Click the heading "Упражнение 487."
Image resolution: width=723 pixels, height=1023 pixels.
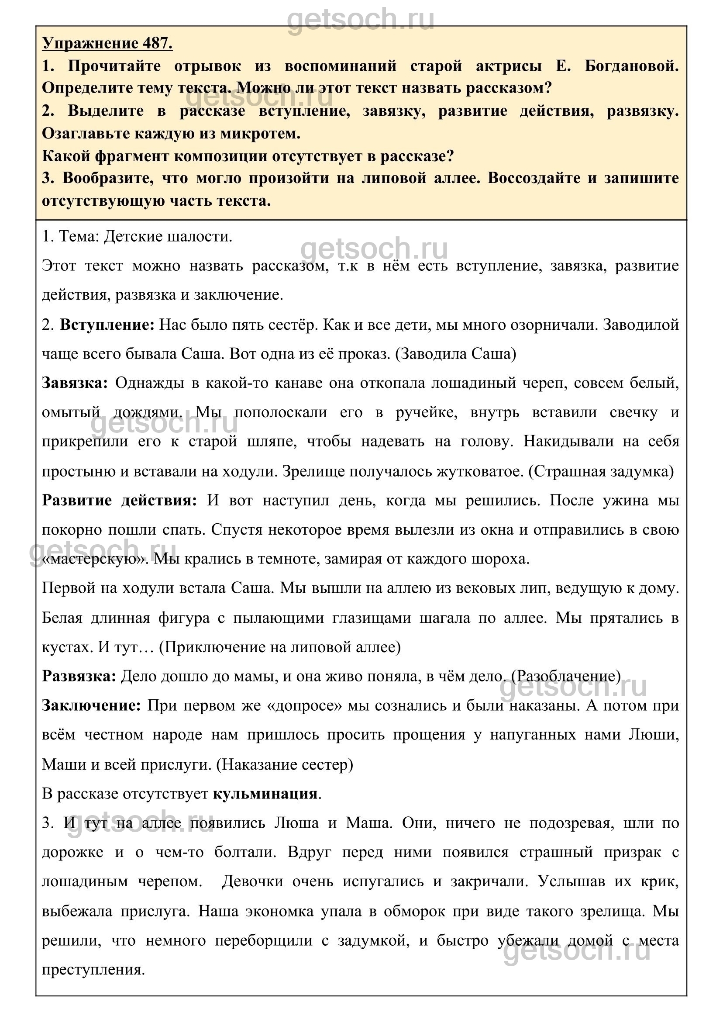pos(107,43)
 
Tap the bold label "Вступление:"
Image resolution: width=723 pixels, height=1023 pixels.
pos(107,325)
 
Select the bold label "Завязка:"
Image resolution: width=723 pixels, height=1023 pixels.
pos(75,383)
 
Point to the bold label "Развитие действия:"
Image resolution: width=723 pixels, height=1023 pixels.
pos(119,500)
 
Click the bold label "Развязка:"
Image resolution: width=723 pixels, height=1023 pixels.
pos(79,676)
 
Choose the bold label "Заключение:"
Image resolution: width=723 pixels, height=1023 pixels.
pos(91,705)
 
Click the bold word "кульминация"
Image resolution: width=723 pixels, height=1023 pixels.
pos(265,794)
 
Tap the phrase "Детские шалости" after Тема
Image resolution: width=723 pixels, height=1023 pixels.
pos(168,236)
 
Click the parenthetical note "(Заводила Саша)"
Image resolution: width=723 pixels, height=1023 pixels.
pos(456,354)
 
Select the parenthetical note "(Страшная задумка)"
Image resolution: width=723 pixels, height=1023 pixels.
pos(601,471)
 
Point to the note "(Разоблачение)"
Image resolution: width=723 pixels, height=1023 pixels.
pos(566,676)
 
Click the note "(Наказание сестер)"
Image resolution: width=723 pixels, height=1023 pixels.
pos(285,764)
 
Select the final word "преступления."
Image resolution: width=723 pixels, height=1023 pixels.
pos(93,970)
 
